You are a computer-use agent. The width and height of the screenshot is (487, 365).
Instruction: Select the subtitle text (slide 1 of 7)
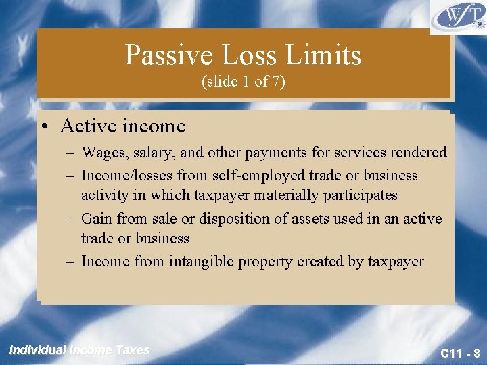pyautogui.click(x=243, y=82)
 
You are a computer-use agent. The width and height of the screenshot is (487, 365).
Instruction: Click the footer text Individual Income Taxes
pyautogui.click(x=79, y=350)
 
